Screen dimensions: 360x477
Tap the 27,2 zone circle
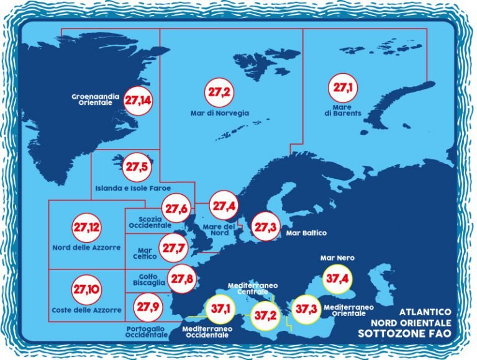(219, 92)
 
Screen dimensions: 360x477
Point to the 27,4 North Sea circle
(223, 205)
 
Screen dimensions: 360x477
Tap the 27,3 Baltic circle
(265, 228)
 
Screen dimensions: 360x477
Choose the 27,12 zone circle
(86, 227)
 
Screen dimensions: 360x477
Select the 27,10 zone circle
(86, 289)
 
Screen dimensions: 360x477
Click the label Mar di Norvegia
(219, 114)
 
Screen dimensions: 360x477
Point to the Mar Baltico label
(306, 233)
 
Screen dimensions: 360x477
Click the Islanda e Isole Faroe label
(133, 187)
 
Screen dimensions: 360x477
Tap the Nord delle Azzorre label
(88, 248)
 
